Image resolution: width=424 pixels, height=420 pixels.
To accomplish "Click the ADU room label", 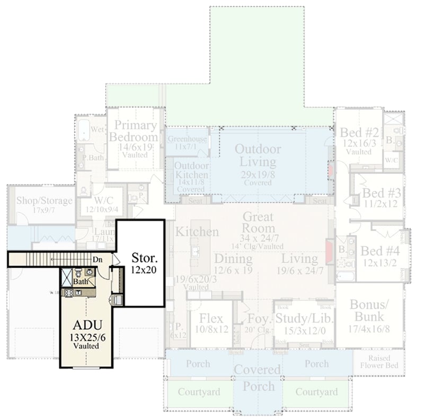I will tap(85, 325).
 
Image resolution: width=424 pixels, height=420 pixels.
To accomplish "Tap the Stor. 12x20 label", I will tap(144, 259).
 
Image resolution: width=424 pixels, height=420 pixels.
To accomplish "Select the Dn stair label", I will tap(96, 259).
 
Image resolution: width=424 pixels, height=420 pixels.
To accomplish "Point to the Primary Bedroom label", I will tap(136, 131).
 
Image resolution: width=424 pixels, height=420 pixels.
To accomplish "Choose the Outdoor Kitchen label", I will tap(191, 171).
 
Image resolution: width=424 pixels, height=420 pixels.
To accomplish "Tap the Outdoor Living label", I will tap(258, 155).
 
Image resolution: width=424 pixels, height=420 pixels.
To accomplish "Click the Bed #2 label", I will tap(359, 133).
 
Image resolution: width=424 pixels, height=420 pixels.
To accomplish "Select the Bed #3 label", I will tap(380, 192).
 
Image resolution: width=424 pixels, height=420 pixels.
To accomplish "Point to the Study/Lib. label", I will tap(304, 318).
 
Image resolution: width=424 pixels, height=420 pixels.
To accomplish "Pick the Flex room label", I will tap(210, 318).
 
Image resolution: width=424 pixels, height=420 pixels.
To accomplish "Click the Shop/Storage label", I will tap(44, 200).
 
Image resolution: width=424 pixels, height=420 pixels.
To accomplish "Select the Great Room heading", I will tap(258, 222).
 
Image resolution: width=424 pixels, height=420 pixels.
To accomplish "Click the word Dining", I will tap(233, 259).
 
